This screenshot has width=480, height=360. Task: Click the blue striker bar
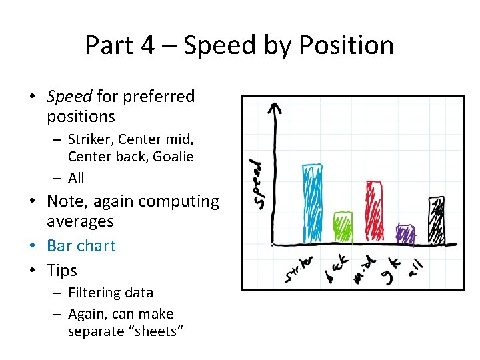313,203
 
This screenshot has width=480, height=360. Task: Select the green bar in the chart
343,227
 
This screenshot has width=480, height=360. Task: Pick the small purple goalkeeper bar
405,234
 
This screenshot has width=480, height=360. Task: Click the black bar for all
436,219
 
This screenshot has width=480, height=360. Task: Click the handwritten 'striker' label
299,269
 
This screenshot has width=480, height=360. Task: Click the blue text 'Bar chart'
81,245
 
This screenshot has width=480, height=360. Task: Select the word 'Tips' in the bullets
62,271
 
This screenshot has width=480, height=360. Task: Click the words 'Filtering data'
111,293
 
